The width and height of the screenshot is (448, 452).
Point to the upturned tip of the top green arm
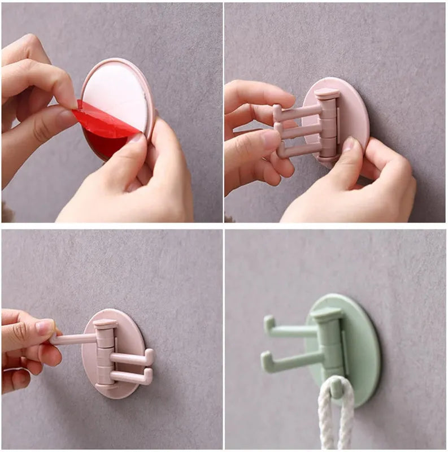click(268, 324)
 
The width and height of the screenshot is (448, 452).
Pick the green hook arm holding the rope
click(337, 386)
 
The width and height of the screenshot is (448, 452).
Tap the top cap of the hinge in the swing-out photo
click(105, 324)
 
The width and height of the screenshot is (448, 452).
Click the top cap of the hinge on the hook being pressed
click(327, 93)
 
